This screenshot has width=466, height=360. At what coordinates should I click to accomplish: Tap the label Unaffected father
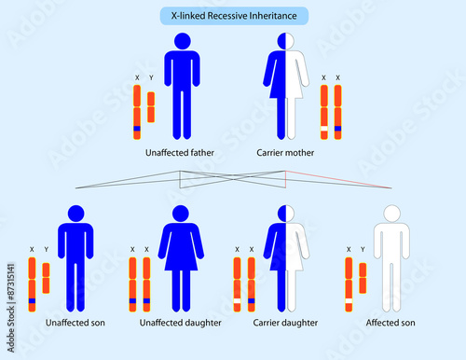pos(181,151)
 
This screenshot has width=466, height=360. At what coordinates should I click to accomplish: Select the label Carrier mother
pos(285,151)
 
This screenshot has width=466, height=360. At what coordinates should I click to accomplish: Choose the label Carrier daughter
pos(285,323)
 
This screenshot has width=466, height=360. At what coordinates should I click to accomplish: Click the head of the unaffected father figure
pos(183,42)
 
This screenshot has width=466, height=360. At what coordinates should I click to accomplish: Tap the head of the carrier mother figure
pos(286,42)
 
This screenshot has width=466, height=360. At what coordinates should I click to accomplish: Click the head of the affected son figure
pos(391,214)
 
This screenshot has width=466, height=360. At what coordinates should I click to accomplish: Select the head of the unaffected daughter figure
pos(181,214)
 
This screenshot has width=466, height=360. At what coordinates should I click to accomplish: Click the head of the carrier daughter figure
pos(286,214)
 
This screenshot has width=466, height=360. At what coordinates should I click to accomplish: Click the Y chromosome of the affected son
pos(362,278)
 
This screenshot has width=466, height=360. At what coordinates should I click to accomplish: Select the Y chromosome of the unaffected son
pos(46,278)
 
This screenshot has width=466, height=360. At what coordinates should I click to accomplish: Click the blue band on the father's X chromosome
pos(136,128)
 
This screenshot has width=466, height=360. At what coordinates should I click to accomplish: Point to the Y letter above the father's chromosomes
pos(151,78)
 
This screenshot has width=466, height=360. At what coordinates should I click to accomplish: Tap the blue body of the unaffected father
pos(183,89)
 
